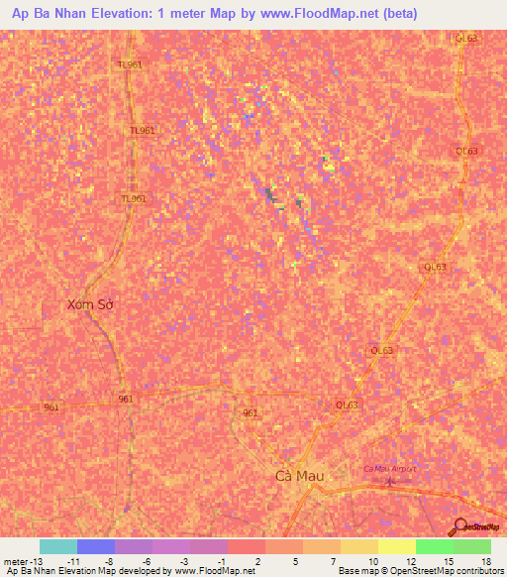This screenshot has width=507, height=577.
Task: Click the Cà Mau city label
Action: [x=300, y=476]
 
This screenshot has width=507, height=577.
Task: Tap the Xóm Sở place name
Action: [x=90, y=304]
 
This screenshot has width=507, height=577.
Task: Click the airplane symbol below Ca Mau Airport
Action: [x=389, y=482]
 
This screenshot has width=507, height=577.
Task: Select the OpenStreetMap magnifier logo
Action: [x=460, y=526]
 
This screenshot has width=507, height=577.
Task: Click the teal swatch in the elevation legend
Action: [x=58, y=546]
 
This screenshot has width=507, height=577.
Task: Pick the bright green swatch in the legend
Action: [x=435, y=546]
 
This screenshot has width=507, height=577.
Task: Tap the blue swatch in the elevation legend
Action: [x=96, y=546]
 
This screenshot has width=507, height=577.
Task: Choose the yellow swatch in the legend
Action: [x=397, y=546]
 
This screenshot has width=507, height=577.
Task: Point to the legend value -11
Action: [x=72, y=561]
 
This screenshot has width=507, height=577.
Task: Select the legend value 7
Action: [x=334, y=561]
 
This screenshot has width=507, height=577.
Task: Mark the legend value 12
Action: [x=409, y=561]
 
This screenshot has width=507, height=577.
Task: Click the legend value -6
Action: [x=147, y=561]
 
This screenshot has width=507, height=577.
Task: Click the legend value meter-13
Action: [x=22, y=561]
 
